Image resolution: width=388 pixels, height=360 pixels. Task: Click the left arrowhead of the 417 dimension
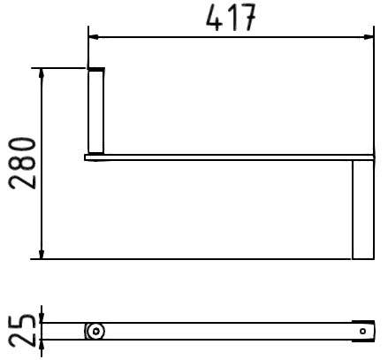coord(94,37)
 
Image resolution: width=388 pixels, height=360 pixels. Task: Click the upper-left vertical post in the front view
coord(96,112)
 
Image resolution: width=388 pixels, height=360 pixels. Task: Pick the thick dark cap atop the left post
coord(96,69)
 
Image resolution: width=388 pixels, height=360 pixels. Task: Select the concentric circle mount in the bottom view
coord(95,332)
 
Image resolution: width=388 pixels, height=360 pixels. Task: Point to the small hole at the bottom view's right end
coord(362,332)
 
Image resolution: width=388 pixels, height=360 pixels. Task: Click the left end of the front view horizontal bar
coord(87,157)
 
